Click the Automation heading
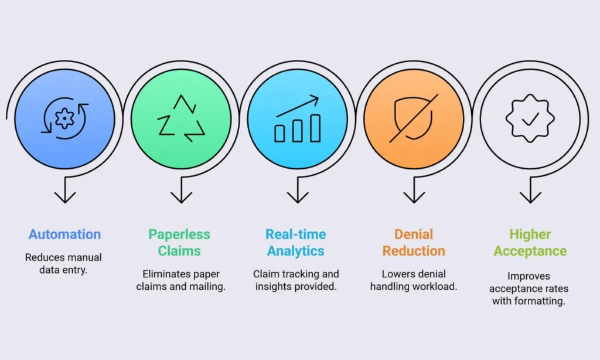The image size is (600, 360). pos(64,234)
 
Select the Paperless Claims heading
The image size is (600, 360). pos(179,242)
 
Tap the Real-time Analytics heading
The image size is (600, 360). pos(296,242)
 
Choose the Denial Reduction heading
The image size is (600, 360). pos(414,242)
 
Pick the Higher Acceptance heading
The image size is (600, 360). pos(530,242)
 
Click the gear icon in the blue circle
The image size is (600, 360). pos(64,118)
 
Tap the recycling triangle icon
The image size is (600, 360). pos(181,118)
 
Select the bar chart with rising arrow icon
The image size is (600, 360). pos(297,118)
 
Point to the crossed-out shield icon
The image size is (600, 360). pos(414,118)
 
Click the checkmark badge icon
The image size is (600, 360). pos(530,118)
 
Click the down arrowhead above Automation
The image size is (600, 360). pos(65,197)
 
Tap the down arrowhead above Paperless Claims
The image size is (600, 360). pos(182,197)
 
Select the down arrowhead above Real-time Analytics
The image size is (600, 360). pos(298,197)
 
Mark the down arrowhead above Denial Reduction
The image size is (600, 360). pos(414,197)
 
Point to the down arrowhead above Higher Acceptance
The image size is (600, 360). pos(530,197)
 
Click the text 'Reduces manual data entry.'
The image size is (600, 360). pos(63,263)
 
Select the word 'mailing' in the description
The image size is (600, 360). pos(208,287)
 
